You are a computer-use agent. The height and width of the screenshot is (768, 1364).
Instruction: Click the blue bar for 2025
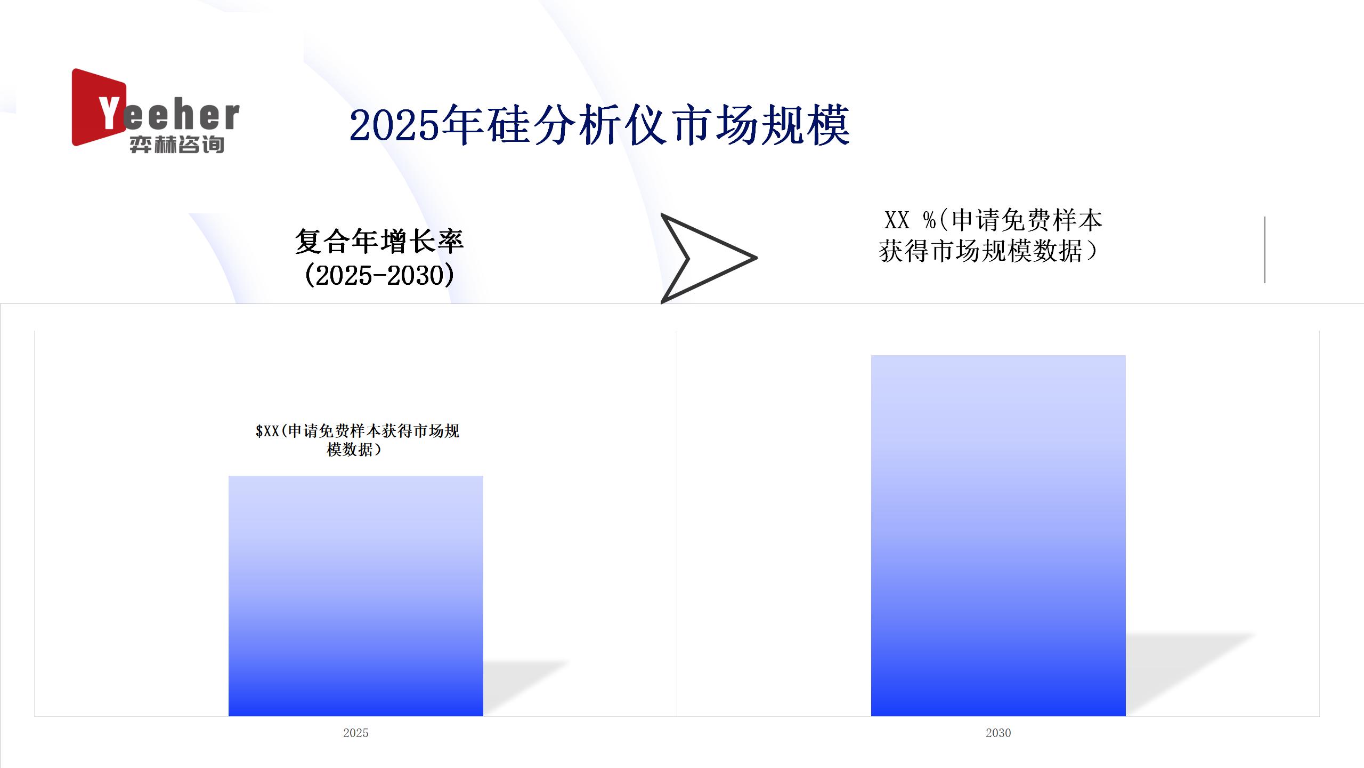tap(356, 596)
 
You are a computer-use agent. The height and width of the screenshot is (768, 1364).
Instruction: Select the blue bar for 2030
tap(998, 535)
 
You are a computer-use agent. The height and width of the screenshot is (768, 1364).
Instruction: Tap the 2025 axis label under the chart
tap(356, 733)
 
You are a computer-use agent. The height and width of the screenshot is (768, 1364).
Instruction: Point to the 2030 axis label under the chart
tap(998, 733)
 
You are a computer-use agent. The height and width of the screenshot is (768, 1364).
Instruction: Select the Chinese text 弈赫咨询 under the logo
tap(177, 145)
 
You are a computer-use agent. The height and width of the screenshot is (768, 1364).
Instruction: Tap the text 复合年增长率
tap(379, 241)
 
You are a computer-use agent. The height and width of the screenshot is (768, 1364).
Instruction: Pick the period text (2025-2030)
tap(379, 275)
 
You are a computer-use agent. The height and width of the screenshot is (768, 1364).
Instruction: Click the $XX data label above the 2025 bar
tap(357, 440)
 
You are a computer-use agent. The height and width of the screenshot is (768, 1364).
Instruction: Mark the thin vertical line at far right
tap(1265, 250)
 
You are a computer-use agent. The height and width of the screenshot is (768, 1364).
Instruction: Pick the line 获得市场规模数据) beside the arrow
tap(988, 251)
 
